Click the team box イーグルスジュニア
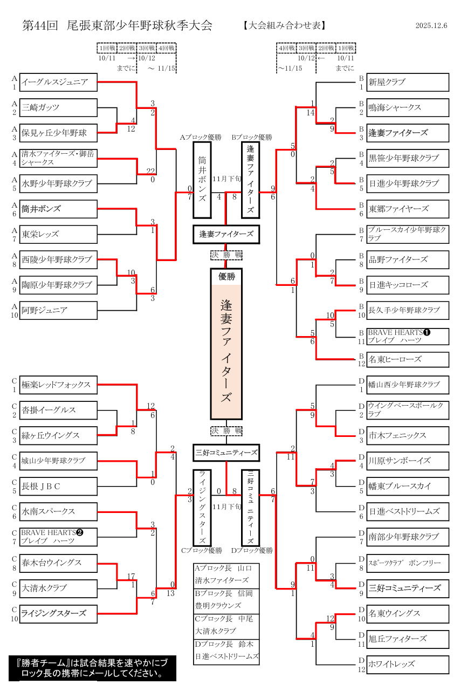pos(58,83)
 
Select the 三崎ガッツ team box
pos(58,108)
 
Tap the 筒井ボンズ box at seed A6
pos(58,209)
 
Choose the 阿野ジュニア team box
pos(58,310)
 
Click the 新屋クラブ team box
pos(408,83)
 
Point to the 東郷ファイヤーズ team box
pos(408,209)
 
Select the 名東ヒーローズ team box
pos(408,360)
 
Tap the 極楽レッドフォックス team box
pos(58,385)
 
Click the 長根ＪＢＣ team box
pos(58,487)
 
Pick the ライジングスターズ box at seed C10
pos(58,614)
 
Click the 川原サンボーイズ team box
pos(408,461)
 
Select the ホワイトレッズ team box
pos(408,665)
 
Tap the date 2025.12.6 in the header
pos(431,25)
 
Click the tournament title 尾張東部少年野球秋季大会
pos(140,25)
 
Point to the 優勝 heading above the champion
pos(226,276)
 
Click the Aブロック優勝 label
pos(201,138)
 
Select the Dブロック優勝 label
pos(252,551)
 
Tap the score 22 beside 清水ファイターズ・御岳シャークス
pos(151,171)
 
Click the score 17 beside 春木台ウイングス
pos(131,577)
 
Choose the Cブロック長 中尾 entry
pos(224,619)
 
